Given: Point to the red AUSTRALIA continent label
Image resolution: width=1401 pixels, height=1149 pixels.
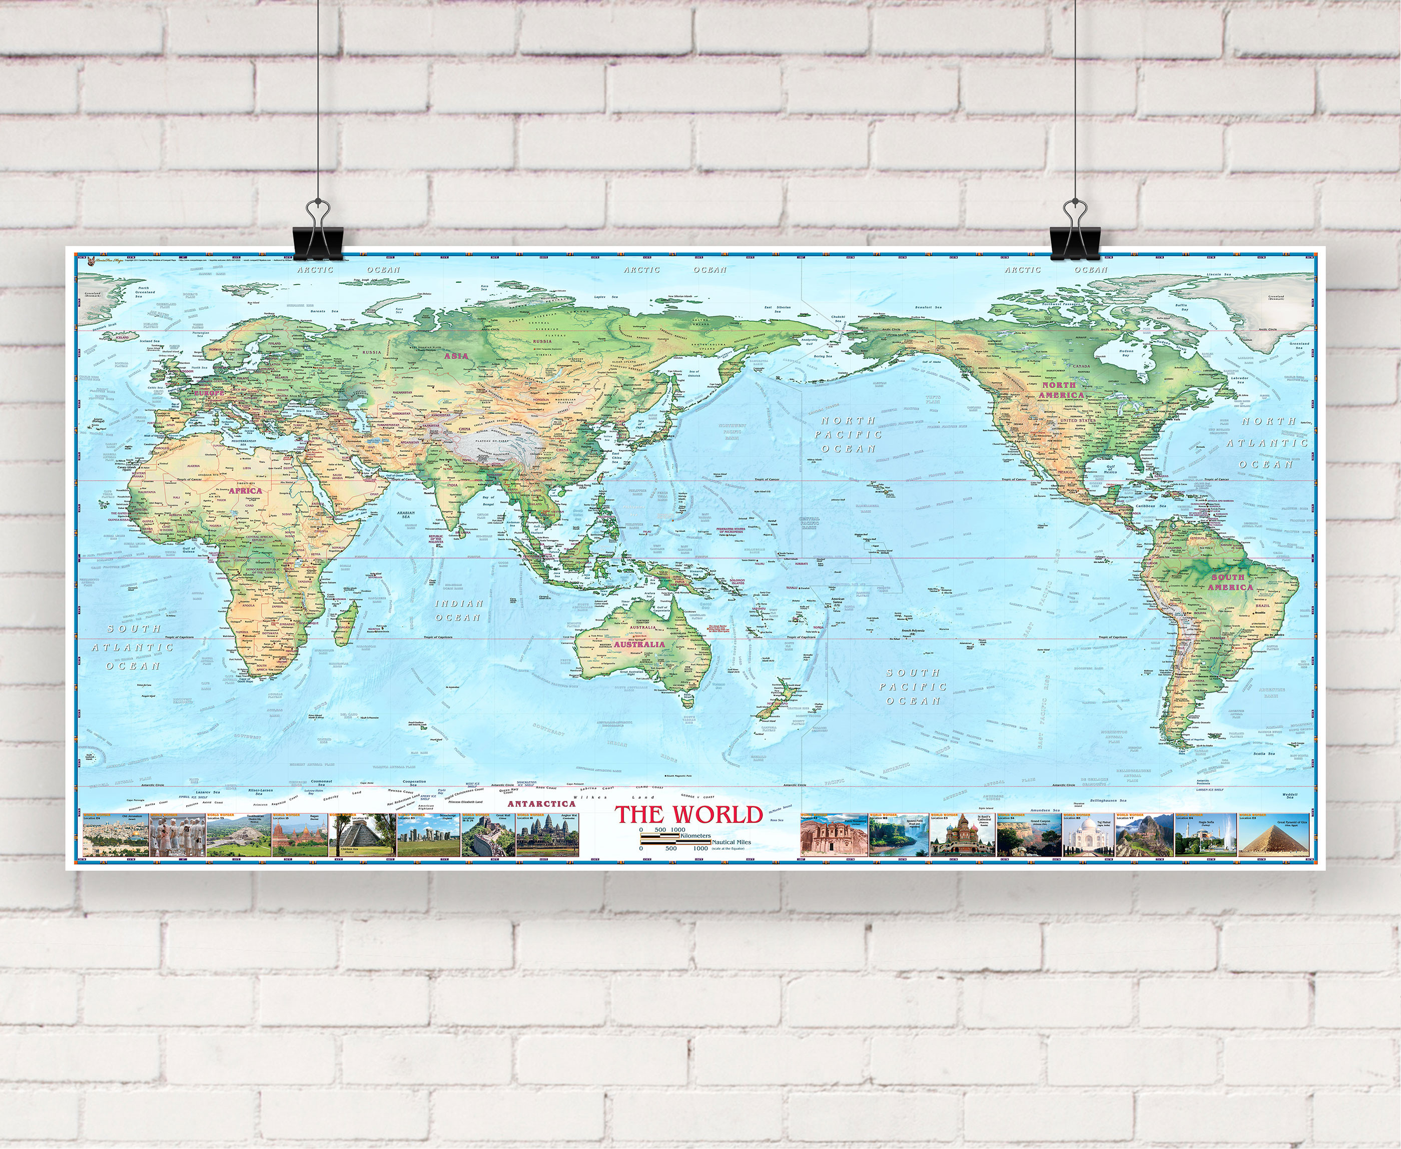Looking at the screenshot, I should (639, 644).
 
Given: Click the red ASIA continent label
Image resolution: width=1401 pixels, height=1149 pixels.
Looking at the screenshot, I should (456, 355).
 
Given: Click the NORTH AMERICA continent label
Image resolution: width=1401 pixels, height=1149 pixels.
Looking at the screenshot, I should (1063, 390).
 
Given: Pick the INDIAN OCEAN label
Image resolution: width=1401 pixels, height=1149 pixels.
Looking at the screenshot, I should (459, 610).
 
